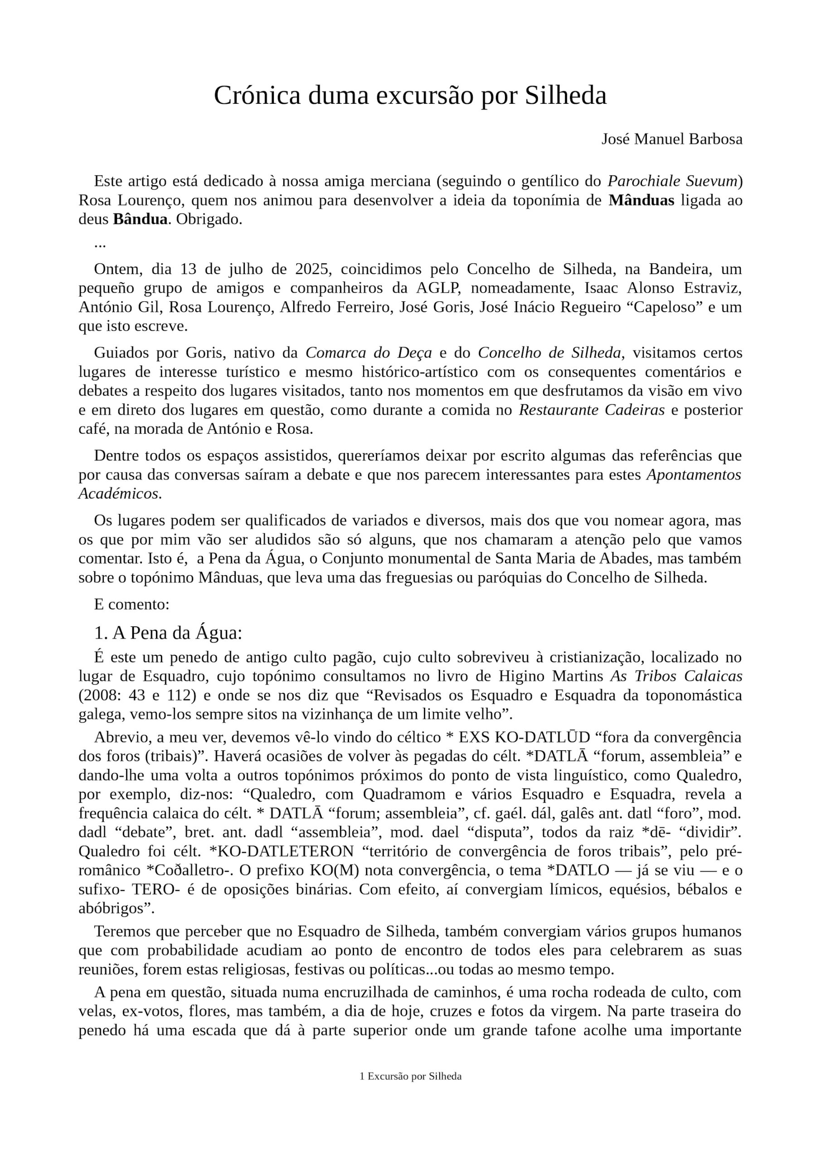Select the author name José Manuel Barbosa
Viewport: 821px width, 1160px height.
coord(671,139)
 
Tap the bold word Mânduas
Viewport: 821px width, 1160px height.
coord(641,201)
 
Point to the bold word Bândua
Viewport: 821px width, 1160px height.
coord(140,220)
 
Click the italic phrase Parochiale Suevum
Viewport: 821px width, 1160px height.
coord(672,181)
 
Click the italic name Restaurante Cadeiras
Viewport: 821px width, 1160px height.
coord(592,410)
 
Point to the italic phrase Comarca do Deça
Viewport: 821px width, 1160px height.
coord(369,352)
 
